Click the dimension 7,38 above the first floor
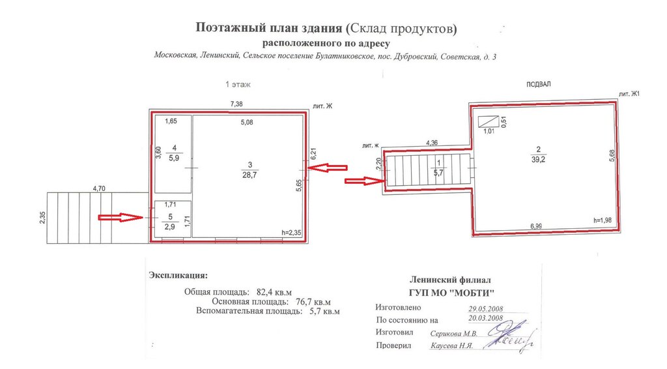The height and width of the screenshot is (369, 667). click(x=236, y=104)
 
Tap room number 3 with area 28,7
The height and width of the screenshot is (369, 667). click(x=249, y=170)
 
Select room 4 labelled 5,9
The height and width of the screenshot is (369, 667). click(x=174, y=153)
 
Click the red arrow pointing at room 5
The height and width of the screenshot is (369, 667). click(x=121, y=218)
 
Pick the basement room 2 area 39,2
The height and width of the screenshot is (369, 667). click(x=539, y=155)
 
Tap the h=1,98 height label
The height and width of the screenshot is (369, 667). click(x=603, y=220)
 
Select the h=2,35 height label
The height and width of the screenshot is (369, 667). click(x=291, y=232)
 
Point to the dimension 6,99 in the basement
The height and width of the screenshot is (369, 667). click(x=536, y=226)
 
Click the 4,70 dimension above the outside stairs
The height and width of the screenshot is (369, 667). click(x=99, y=188)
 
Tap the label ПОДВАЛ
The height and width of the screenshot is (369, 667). click(x=539, y=84)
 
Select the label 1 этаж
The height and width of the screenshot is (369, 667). click(x=238, y=84)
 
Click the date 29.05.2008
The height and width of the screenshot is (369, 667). click(x=486, y=309)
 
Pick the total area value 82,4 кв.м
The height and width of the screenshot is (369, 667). click(x=274, y=292)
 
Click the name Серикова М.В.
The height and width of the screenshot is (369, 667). click(x=453, y=334)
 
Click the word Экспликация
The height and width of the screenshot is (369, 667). click(x=178, y=275)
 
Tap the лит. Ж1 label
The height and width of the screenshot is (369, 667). click(x=629, y=94)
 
